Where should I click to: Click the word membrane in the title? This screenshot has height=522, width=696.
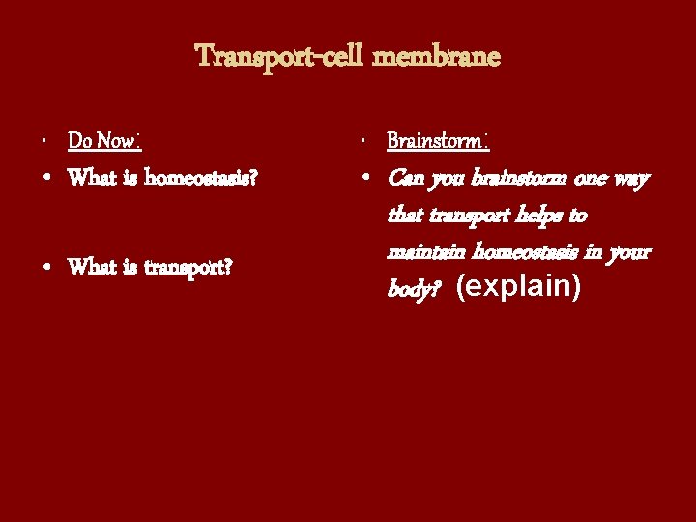437,57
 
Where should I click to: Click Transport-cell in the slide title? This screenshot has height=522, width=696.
279,57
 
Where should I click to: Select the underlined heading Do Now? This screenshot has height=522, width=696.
104,142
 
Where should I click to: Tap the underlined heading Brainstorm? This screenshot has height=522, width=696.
437,142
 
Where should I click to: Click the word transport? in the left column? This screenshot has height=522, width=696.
188,267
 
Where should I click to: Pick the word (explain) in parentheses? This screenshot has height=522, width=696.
518,288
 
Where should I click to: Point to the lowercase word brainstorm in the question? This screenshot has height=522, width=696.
512,179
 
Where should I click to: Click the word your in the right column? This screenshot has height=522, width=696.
631,252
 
